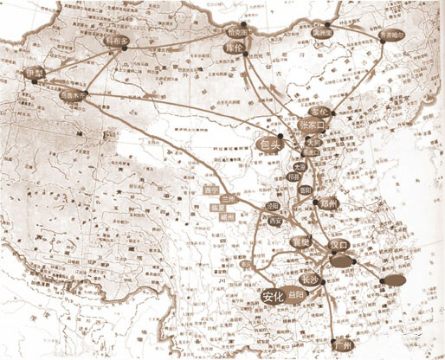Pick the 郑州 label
325,202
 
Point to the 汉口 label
339,244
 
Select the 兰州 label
227,198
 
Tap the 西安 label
276,222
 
